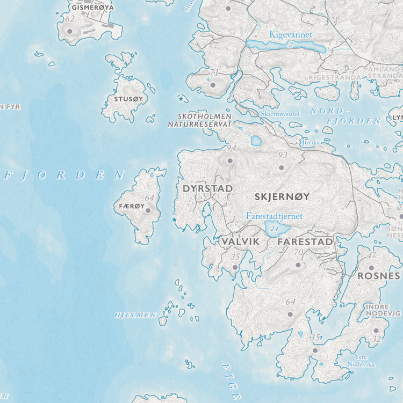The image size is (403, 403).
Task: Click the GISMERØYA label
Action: click(x=92, y=8)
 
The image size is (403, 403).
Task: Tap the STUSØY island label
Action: click(x=129, y=99)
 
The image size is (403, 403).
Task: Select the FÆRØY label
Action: click(x=129, y=206)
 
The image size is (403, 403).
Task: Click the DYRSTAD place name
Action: click(x=207, y=189)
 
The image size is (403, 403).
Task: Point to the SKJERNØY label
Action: click(x=282, y=196)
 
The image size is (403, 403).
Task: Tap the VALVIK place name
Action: click(x=240, y=242)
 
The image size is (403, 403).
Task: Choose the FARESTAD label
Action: click(x=305, y=242)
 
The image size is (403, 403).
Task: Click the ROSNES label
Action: click(x=379, y=276)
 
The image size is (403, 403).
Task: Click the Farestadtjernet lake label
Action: click(x=274, y=216)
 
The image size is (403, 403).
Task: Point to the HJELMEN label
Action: click(x=135, y=315)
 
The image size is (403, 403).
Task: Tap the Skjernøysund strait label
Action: click(x=280, y=114)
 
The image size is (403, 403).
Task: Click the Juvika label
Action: click(x=310, y=143)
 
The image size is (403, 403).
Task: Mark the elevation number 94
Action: click(x=232, y=148)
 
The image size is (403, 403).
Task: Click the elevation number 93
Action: click(x=283, y=155)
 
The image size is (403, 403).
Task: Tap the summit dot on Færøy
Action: click(x=148, y=210)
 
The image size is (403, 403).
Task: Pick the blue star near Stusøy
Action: click(x=181, y=98)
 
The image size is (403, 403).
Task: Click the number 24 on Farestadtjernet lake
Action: click(x=275, y=229)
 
